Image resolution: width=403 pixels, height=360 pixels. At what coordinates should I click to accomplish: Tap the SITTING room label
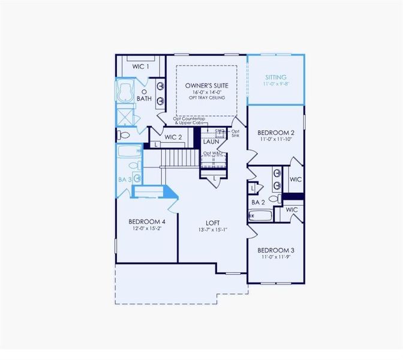[x=276, y=77]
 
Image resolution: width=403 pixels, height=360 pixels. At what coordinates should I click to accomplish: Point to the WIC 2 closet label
[x=173, y=137]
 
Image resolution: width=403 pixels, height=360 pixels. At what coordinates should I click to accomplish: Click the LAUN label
[x=210, y=142]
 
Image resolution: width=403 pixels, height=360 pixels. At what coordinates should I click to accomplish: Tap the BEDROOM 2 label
[x=275, y=133]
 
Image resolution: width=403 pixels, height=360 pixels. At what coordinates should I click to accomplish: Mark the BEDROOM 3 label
[x=275, y=250]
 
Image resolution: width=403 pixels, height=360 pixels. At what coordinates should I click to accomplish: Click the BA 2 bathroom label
[x=258, y=203]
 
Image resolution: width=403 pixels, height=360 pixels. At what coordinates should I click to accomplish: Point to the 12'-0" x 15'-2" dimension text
[x=147, y=229]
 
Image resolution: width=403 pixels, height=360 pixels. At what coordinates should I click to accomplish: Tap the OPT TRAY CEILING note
[x=206, y=97]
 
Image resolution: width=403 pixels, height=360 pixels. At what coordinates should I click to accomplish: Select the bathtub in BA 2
[x=261, y=215]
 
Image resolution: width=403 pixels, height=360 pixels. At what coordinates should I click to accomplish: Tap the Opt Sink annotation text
[x=236, y=133]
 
